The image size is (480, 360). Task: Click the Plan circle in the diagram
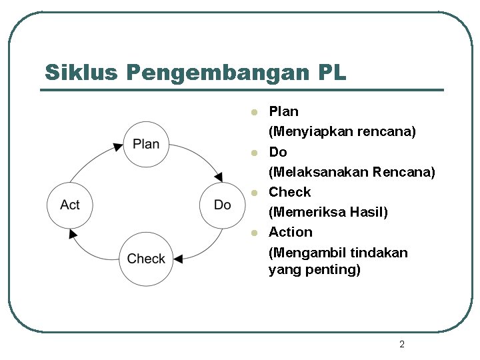tap(146, 144)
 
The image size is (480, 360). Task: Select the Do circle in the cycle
tap(223, 205)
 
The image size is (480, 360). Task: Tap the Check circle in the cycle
tap(146, 259)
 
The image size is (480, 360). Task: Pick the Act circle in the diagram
tap(69, 205)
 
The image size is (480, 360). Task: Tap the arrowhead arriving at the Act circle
tap(73, 233)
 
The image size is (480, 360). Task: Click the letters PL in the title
tap(332, 72)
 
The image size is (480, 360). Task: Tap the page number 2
tap(401, 344)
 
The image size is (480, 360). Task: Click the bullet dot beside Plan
tap(253, 112)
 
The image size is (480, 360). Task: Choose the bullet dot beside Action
tap(253, 233)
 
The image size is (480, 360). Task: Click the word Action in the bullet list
tap(290, 232)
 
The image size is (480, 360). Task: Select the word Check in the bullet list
tap(289, 192)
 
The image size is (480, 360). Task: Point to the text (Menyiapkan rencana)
tap(342, 132)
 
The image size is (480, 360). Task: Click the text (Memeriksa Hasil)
tap(327, 212)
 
